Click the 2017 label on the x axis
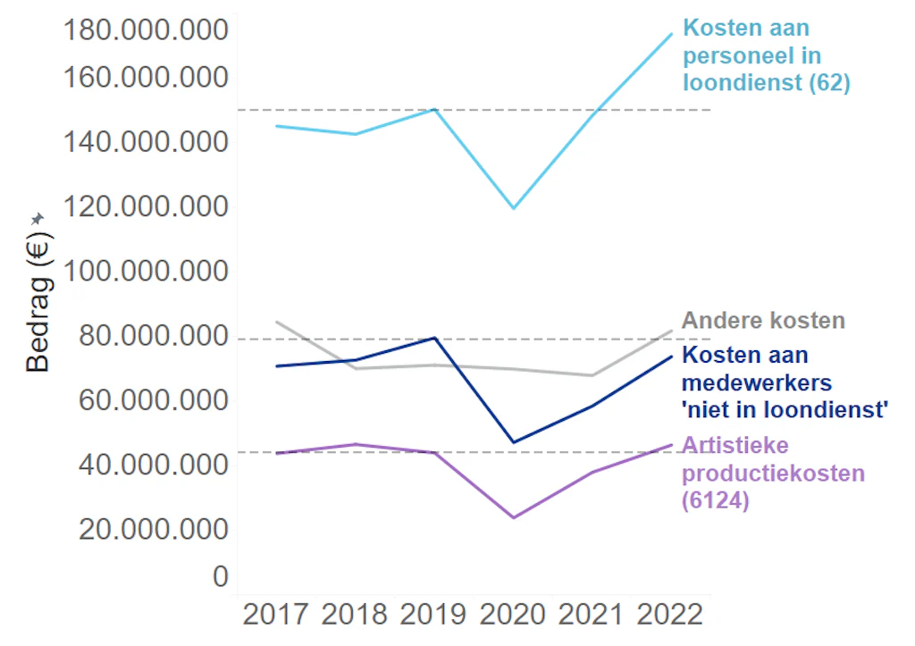277,616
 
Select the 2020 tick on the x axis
513,616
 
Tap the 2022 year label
670,616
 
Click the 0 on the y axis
220,577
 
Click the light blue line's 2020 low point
513,208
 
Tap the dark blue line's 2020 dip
513,442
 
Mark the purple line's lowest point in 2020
514,517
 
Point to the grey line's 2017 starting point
277,322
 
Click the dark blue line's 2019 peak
434,338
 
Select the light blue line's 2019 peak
434,109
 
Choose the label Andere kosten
763,321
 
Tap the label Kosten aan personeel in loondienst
766,55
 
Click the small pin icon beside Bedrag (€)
37,218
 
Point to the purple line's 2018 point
356,444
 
